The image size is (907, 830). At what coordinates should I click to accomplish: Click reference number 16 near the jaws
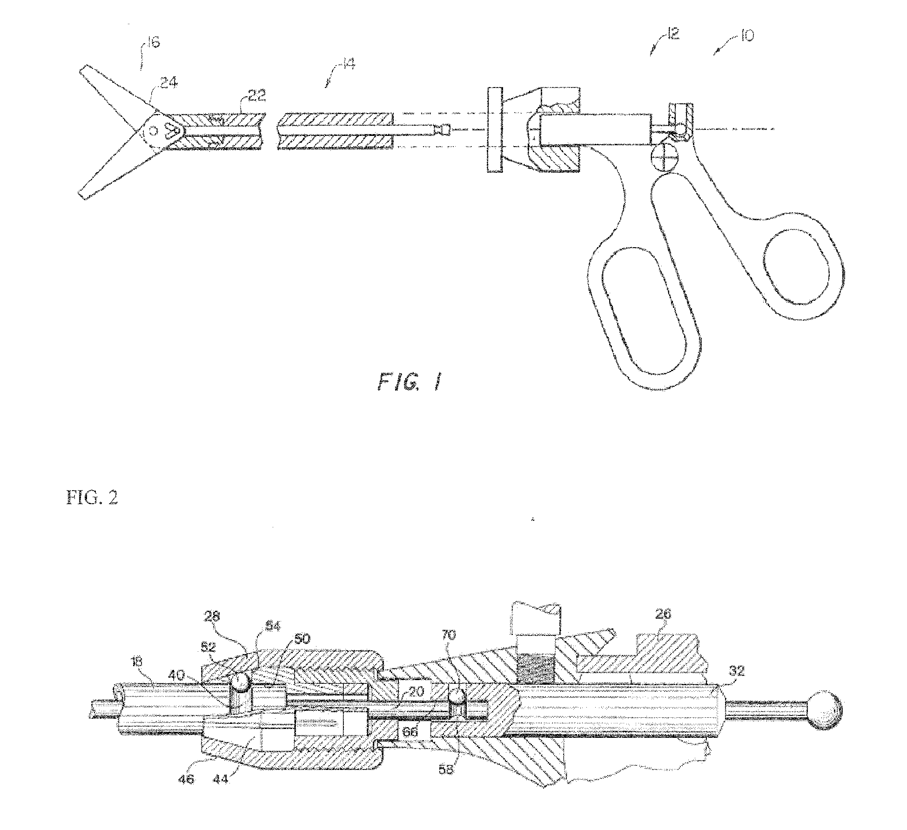[x=154, y=43]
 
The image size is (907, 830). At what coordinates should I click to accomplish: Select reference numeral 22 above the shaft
[x=255, y=96]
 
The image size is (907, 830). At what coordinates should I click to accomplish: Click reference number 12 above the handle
[x=672, y=34]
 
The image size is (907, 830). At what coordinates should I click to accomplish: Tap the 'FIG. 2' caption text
[x=91, y=498]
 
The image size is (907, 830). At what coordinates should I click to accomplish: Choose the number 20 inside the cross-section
[x=417, y=691]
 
